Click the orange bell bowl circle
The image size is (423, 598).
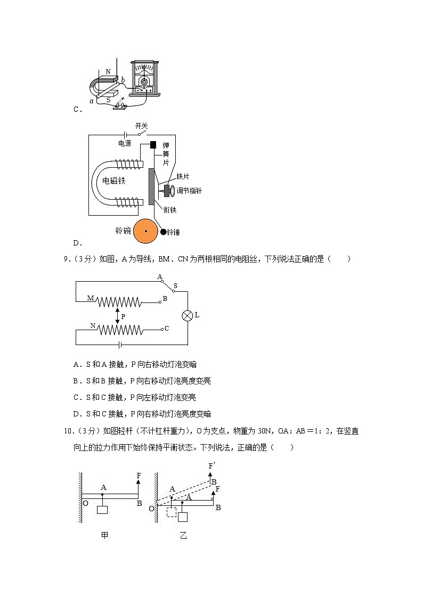point(145,231)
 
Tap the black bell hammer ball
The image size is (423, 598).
point(163,232)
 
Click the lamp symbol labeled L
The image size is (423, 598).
point(187,315)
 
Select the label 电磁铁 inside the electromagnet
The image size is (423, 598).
point(114,181)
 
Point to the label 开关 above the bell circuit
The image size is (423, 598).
point(141,126)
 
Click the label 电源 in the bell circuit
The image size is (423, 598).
point(124,143)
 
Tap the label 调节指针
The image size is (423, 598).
point(189,191)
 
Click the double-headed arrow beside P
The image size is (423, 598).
point(117,316)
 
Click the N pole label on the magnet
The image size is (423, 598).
point(108,71)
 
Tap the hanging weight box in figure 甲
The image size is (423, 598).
point(102,510)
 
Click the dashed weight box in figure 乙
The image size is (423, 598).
point(171,513)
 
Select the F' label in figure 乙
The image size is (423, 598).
point(211,466)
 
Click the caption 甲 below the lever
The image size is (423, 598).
point(104,535)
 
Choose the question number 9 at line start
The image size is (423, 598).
point(66,259)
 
